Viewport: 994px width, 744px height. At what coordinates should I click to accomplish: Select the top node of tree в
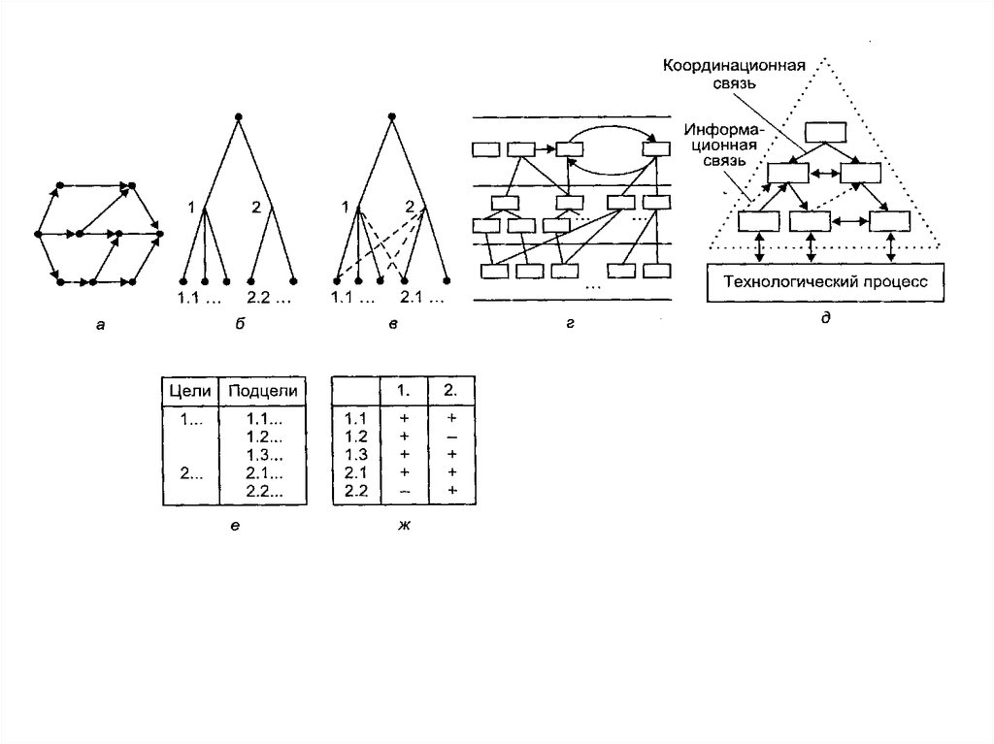[389, 116]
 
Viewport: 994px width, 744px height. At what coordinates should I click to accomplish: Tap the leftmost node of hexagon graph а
[37, 234]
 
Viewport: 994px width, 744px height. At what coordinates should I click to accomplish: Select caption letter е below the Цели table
[236, 526]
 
